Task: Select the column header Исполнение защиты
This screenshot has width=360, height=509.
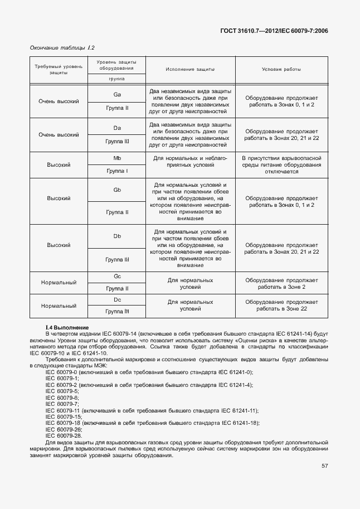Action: coord(190,70)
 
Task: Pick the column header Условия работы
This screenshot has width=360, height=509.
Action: coord(281,70)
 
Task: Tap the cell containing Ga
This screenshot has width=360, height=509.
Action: coord(117,94)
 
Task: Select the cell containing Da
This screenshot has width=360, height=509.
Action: coord(117,128)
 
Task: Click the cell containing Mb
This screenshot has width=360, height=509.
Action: coord(117,158)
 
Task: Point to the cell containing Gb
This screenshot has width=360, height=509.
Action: coord(117,190)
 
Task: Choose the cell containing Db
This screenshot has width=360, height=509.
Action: coord(117,236)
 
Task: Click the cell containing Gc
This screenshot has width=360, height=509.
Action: coord(117,277)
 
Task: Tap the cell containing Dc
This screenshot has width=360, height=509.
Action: coord(117,300)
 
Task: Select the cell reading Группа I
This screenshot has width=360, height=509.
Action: coord(117,171)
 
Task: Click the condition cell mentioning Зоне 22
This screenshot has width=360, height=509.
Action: coord(281,305)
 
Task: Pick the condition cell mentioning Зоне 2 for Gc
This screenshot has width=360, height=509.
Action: coord(281,283)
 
